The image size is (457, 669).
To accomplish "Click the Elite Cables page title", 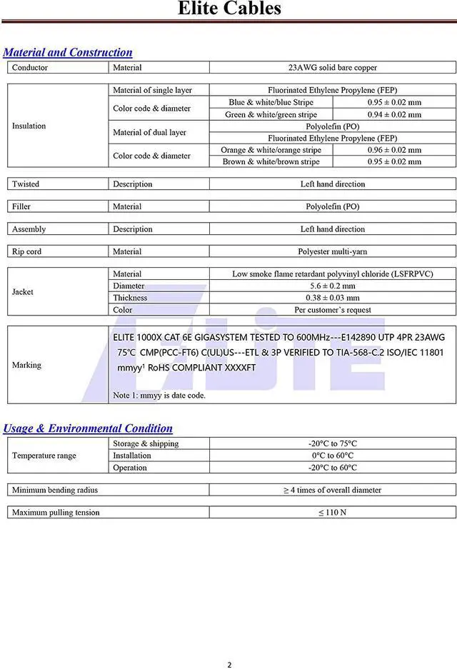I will coord(229,9).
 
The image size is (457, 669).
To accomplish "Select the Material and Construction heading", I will coord(68,52).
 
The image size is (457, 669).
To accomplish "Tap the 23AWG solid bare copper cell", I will coord(332,68).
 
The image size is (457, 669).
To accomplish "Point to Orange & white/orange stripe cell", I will coord(271,150).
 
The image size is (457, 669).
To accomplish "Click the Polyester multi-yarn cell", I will coord(332,251).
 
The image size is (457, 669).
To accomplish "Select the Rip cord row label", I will coord(26,251).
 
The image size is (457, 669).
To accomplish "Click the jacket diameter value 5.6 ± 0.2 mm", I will coord(332,286).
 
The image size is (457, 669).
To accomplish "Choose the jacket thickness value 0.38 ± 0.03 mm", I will coord(332,298).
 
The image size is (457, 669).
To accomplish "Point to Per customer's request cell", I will coord(332,310).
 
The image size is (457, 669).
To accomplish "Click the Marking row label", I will coord(26,365).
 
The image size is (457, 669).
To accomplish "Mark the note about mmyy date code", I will coord(159,395).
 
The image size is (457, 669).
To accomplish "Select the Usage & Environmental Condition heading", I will coord(88,428).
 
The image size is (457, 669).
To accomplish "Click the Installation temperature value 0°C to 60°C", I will coord(332,456).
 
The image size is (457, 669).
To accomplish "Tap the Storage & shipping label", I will coord(146,443).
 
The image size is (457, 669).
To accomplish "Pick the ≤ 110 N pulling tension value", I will coord(332,513).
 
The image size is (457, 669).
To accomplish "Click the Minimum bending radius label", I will coord(55,490).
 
